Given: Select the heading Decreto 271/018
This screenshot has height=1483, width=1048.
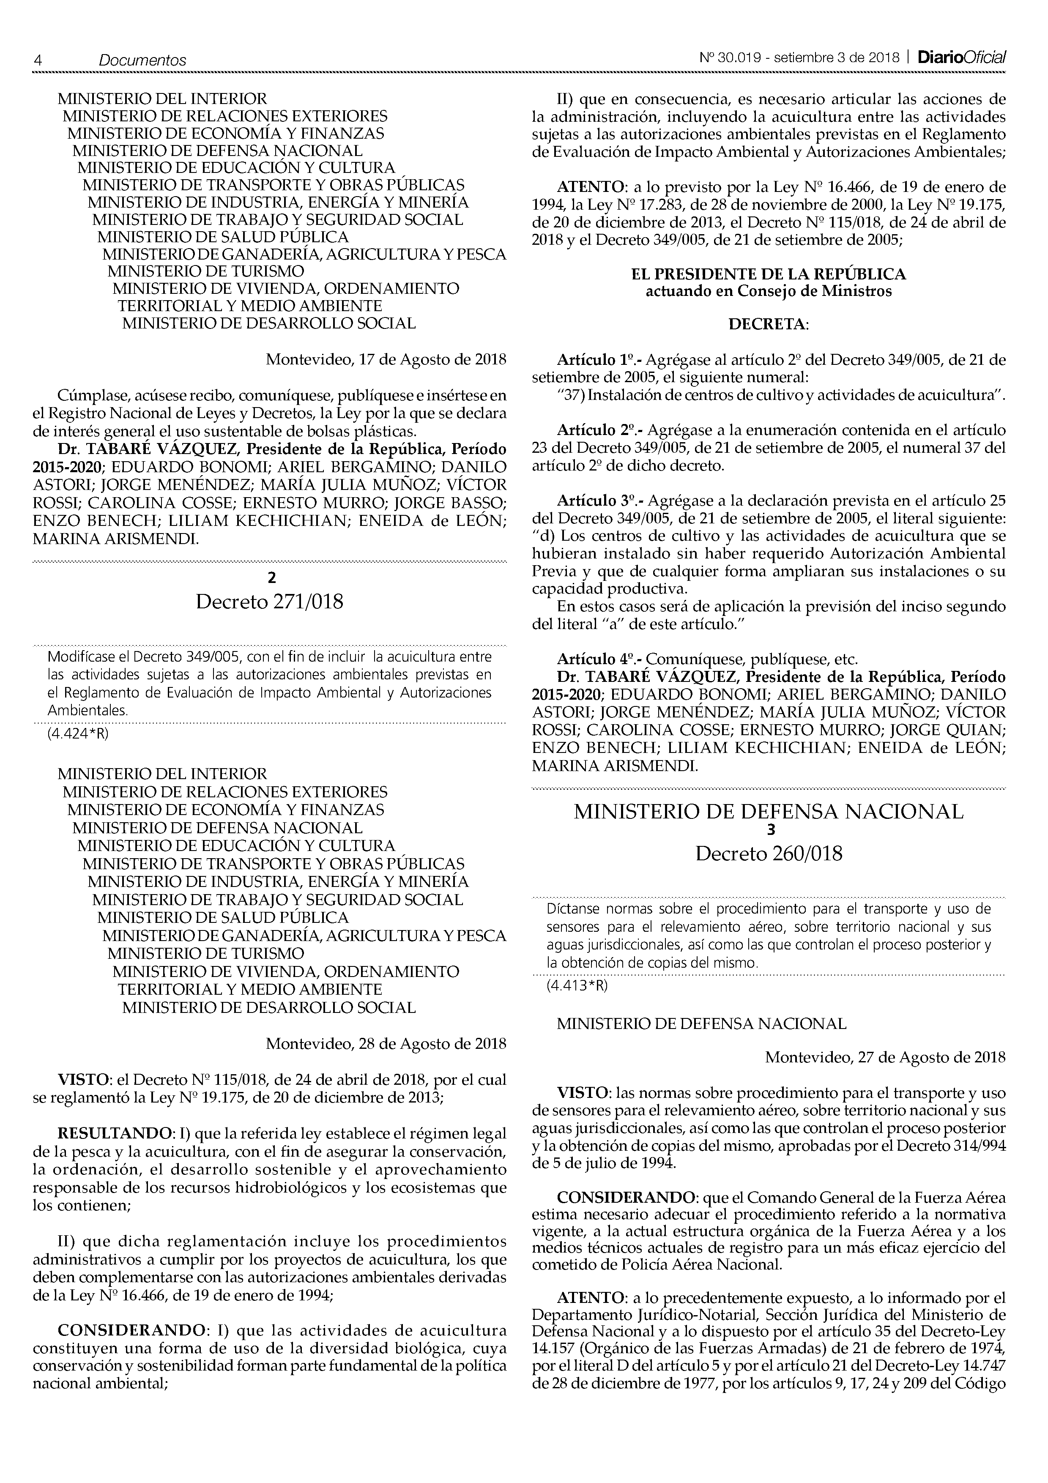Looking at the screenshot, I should [x=269, y=602].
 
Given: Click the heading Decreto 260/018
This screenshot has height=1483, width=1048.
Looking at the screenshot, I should [x=769, y=854].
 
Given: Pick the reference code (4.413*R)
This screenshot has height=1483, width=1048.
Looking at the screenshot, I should [x=577, y=986].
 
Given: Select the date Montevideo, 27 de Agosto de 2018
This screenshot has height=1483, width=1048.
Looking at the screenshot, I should [x=885, y=1057].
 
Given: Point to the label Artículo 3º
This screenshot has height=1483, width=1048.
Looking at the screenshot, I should [x=599, y=501].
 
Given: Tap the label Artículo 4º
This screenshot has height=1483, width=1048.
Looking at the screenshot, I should [x=599, y=659].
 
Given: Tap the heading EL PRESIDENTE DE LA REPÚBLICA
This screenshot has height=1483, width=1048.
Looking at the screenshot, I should [x=769, y=274].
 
